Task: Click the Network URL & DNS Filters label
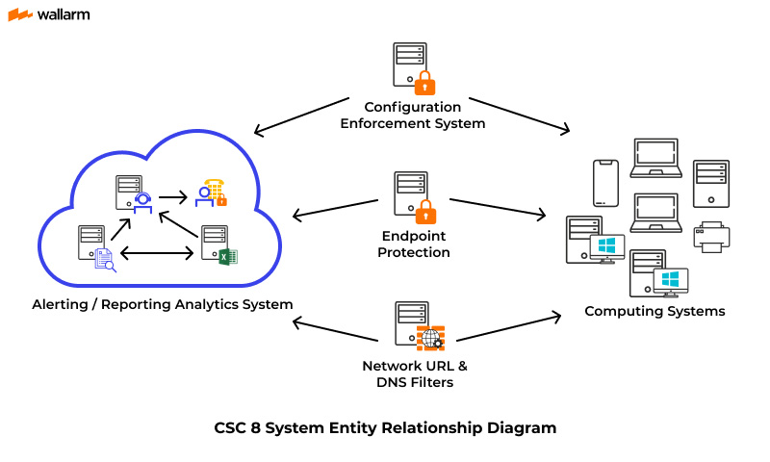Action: pyautogui.click(x=415, y=373)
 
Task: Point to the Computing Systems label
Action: pyautogui.click(x=654, y=311)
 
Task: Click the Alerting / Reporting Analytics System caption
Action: pyautogui.click(x=161, y=304)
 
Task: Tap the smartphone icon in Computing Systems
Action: pyautogui.click(x=605, y=183)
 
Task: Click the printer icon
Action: pyautogui.click(x=712, y=237)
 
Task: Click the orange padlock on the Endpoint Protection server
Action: pyautogui.click(x=424, y=210)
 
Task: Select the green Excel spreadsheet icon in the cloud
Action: pyautogui.click(x=227, y=256)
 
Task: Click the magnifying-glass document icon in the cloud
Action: pyautogui.click(x=104, y=259)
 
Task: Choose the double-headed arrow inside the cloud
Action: pyautogui.click(x=159, y=253)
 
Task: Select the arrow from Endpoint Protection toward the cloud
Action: pyautogui.click(x=335, y=209)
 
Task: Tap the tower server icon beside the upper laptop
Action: pyautogui.click(x=711, y=183)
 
